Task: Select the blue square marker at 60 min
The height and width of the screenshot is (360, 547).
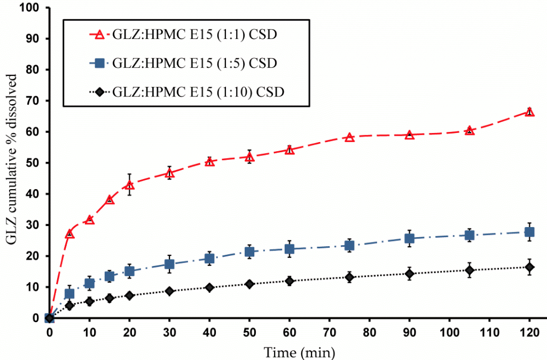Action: pyautogui.click(x=290, y=249)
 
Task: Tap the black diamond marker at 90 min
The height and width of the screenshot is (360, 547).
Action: pyautogui.click(x=410, y=274)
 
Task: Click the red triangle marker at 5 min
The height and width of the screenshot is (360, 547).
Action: pyautogui.click(x=69, y=234)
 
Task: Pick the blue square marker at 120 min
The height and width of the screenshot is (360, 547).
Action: pyautogui.click(x=529, y=232)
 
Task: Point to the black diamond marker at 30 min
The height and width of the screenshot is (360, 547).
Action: pyautogui.click(x=169, y=291)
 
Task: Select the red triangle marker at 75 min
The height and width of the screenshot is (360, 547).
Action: pyautogui.click(x=349, y=137)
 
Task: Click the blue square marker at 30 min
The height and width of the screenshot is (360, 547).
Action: pyautogui.click(x=169, y=264)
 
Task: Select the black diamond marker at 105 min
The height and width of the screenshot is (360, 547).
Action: pyautogui.click(x=470, y=270)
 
